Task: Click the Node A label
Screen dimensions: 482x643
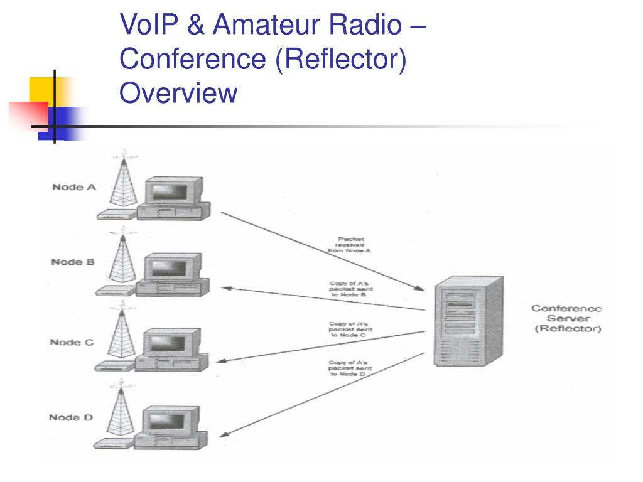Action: (73, 187)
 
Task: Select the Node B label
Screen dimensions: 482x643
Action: (73, 262)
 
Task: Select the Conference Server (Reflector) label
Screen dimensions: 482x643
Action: (566, 318)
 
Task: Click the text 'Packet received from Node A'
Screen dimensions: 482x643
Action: (350, 244)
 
